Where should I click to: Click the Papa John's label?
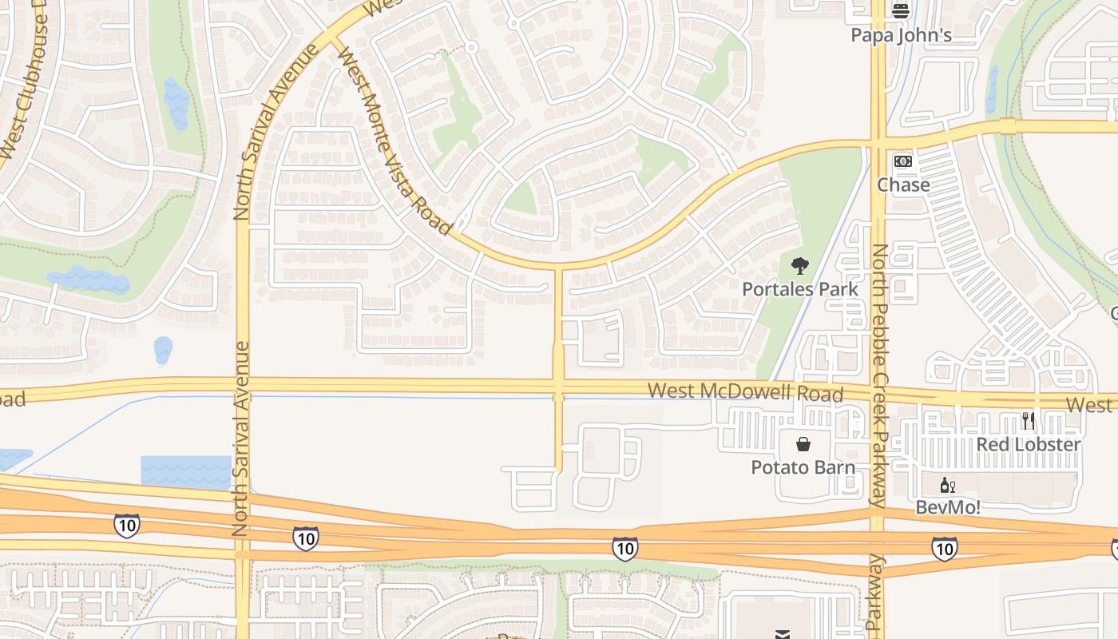pyautogui.click(x=901, y=35)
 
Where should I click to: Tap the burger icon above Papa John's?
pyautogui.click(x=901, y=10)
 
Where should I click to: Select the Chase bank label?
pyautogui.click(x=903, y=185)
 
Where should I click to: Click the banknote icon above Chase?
pyautogui.click(x=903, y=161)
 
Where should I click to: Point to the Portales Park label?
pyautogui.click(x=800, y=289)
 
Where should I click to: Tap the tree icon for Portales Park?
pyautogui.click(x=799, y=266)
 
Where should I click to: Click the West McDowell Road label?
pyautogui.click(x=745, y=391)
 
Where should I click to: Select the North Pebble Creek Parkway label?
pyautogui.click(x=878, y=375)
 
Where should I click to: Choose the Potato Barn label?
pyautogui.click(x=803, y=467)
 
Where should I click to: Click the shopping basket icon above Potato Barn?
pyautogui.click(x=803, y=444)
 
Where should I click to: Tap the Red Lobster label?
pyautogui.click(x=1029, y=444)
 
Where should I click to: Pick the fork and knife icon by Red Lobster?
pyautogui.click(x=1029, y=420)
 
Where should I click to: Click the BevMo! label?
pyautogui.click(x=948, y=507)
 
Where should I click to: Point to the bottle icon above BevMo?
pyautogui.click(x=948, y=485)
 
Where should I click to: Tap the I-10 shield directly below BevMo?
pyautogui.click(x=944, y=549)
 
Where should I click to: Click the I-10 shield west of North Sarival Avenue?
pyautogui.click(x=126, y=526)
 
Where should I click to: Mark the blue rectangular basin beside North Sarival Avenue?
pyautogui.click(x=185, y=471)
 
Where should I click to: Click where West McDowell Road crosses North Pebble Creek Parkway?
pyautogui.click(x=878, y=395)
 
